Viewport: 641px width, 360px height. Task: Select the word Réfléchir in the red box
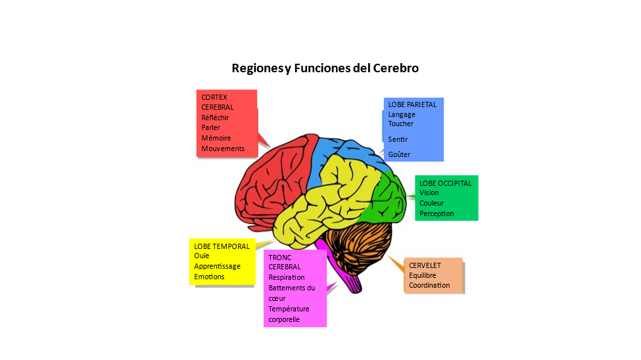tap(215, 118)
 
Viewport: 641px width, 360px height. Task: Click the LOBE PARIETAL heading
tap(412, 104)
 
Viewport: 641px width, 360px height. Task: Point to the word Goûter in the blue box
tap(398, 154)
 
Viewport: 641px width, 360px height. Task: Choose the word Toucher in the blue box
tap(401, 124)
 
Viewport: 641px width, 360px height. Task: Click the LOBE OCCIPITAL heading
tap(445, 183)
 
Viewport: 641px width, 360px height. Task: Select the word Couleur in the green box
tap(433, 203)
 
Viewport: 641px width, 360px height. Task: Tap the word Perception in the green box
tap(437, 214)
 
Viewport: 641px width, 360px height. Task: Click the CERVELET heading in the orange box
tap(425, 265)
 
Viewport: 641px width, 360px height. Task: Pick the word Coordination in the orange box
tap(429, 285)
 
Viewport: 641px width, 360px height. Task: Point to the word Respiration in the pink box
tap(287, 277)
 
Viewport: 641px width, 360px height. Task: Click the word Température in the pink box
tap(289, 309)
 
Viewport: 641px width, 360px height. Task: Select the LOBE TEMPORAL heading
tap(222, 246)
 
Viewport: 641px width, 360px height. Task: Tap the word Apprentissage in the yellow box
tap(217, 266)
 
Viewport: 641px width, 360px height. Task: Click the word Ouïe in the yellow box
tap(201, 256)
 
